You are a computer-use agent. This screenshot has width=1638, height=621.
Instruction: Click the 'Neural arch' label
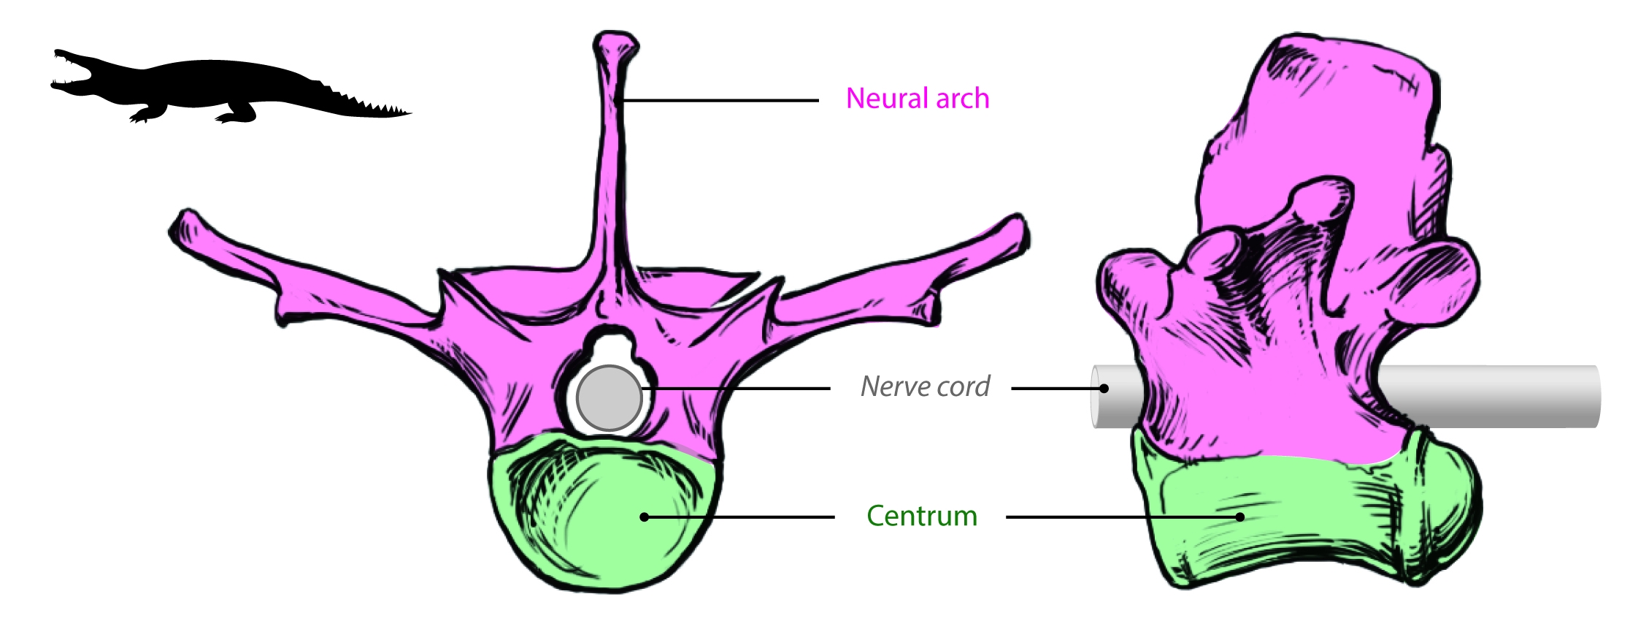[917, 99]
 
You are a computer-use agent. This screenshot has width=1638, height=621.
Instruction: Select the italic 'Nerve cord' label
[925, 386]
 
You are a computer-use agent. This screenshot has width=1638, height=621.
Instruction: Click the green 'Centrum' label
[921, 517]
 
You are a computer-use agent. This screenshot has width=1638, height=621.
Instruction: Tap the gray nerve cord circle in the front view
[609, 397]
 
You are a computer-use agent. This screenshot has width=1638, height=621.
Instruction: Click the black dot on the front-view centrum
[644, 517]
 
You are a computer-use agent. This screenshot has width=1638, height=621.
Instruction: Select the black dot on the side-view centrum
[1239, 517]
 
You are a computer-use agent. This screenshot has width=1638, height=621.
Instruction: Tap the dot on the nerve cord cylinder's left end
[1104, 388]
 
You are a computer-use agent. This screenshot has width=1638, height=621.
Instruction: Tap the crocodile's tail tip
[409, 113]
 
